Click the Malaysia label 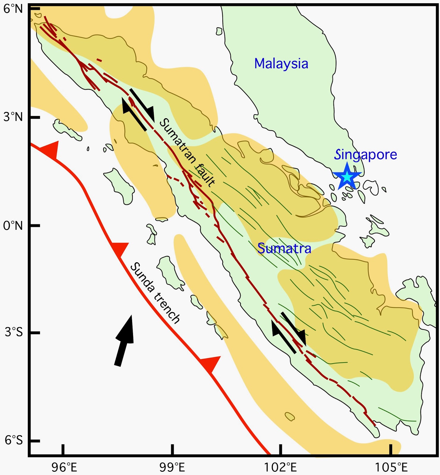click(281, 64)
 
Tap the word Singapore click(365, 155)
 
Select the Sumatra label click(284, 248)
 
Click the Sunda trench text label click(155, 293)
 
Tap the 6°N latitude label click(13, 9)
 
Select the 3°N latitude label click(13, 117)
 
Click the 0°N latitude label click(13, 226)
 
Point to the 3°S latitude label click(14, 332)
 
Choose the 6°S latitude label click(14, 440)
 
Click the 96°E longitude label click(64, 467)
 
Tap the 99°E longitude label click(172, 467)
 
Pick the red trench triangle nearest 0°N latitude click(120, 249)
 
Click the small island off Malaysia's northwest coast click(219, 31)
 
